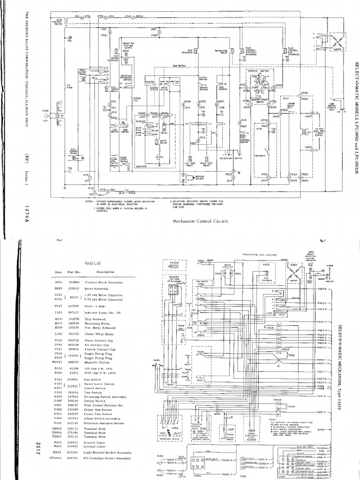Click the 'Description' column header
(x=105, y=272)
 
